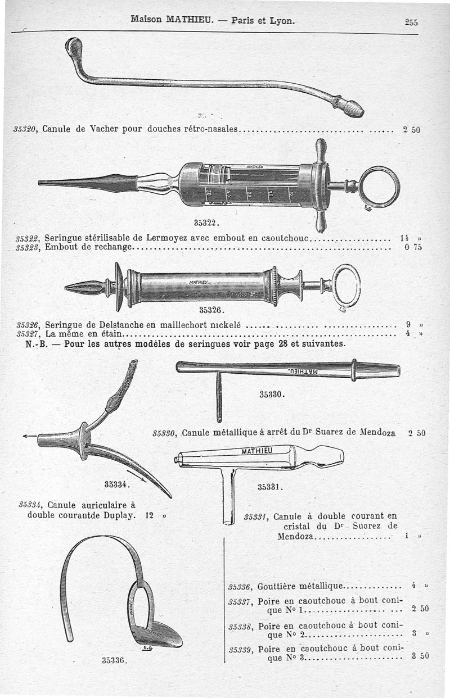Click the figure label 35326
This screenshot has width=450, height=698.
(212, 310)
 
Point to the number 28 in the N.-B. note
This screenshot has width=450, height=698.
(283, 343)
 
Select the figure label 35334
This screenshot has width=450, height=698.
(117, 484)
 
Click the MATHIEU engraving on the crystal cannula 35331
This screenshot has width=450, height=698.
(257, 450)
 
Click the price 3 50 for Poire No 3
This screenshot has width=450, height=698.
(421, 655)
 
